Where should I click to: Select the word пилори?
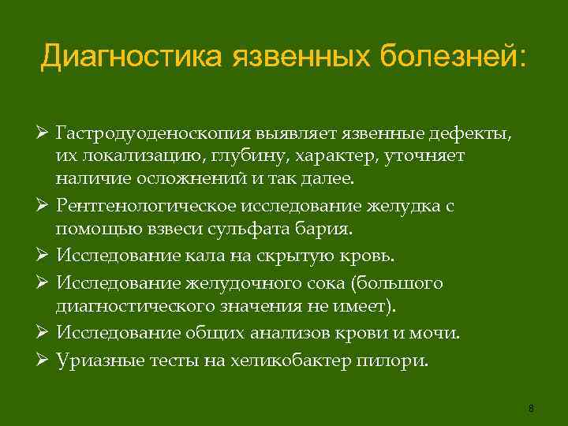pos(399,360)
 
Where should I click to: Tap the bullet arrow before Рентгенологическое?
pos(46,206)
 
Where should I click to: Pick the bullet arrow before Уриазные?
pos(46,360)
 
